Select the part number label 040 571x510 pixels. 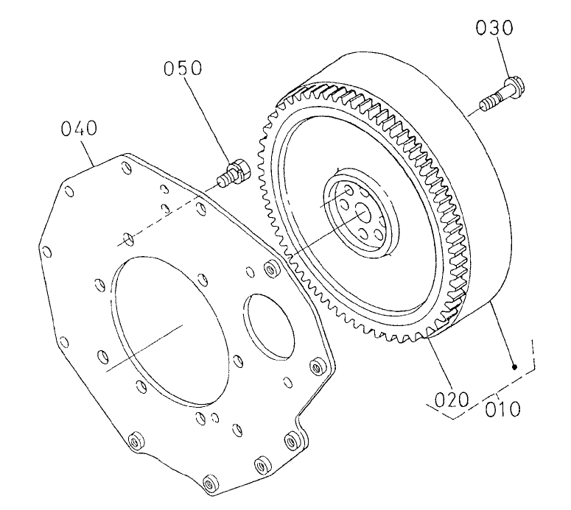(x=79, y=130)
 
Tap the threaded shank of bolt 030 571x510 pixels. (x=490, y=99)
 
